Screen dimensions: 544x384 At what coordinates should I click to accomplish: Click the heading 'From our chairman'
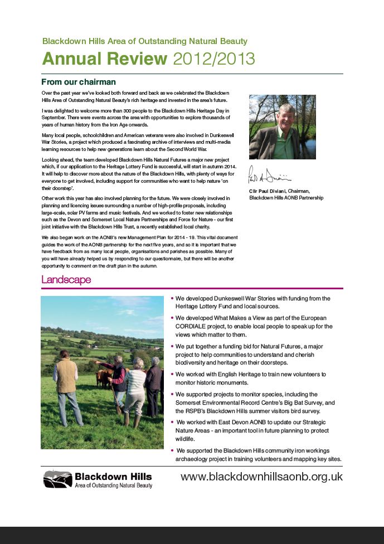pos(79,82)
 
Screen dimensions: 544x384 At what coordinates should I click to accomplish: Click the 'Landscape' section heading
pos(66,280)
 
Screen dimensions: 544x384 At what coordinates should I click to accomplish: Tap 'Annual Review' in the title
pos(105,59)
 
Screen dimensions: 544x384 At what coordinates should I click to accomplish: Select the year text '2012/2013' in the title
pos(214,59)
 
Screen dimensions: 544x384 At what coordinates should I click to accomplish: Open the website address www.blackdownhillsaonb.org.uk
pos(261,477)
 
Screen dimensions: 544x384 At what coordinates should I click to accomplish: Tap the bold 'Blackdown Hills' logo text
pos(113,477)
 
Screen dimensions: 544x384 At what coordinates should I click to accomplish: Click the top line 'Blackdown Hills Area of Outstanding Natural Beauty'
pos(145,41)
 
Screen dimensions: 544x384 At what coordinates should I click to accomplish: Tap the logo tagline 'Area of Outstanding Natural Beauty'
pos(113,486)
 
